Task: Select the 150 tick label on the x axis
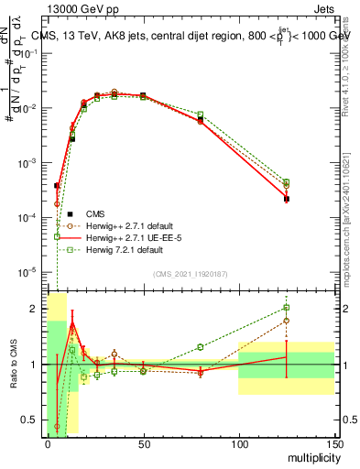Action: pyautogui.click(x=334, y=444)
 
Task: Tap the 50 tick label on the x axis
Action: pyautogui.click(x=143, y=444)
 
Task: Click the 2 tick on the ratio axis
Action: pyautogui.click(x=38, y=309)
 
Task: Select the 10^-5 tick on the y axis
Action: pyautogui.click(x=29, y=272)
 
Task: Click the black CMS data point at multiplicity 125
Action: pyautogui.click(x=287, y=199)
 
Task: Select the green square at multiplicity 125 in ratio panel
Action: pyautogui.click(x=287, y=308)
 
